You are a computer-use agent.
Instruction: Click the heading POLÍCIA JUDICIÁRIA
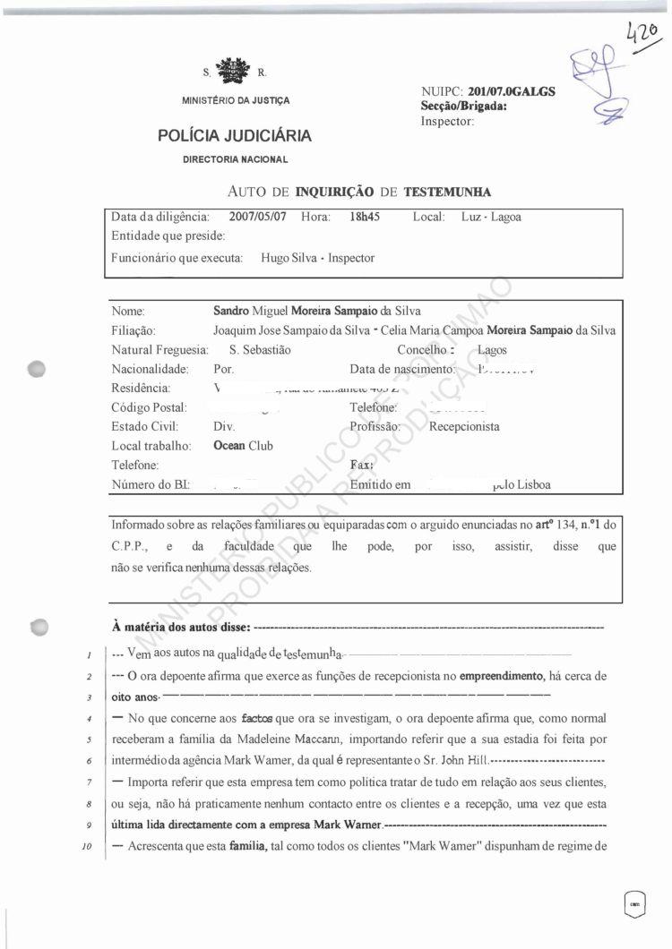click(x=235, y=136)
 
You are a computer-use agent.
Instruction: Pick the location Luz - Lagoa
click(x=491, y=217)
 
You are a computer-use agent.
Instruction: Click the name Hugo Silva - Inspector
click(x=317, y=258)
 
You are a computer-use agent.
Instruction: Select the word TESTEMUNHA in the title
click(x=447, y=192)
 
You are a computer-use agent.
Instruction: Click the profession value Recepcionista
click(x=464, y=426)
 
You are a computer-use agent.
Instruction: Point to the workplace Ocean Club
click(x=243, y=446)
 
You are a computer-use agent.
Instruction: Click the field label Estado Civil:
click(x=145, y=426)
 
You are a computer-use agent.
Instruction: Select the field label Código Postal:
click(x=149, y=407)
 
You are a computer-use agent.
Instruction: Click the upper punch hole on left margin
click(x=37, y=370)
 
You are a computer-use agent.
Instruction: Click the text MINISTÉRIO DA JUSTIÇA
click(x=235, y=100)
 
